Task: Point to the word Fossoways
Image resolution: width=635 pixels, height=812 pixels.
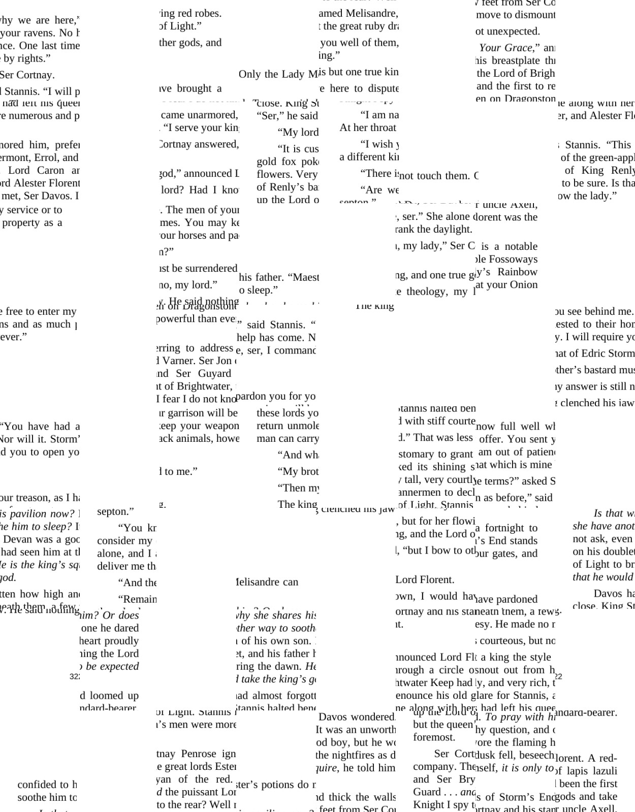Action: pos(513,259)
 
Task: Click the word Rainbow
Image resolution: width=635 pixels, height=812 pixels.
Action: pos(517,272)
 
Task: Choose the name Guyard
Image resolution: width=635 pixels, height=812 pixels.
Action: pos(214,373)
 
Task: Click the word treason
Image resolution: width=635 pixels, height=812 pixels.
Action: pos(35,498)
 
